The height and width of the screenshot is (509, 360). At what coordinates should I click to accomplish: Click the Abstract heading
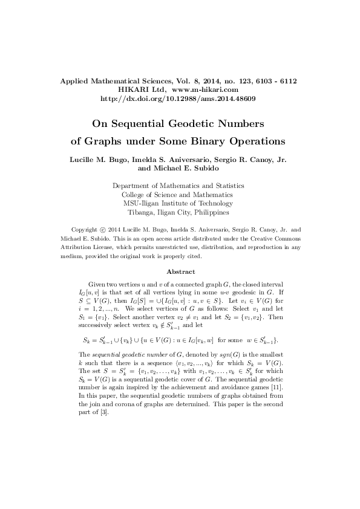coord(180,272)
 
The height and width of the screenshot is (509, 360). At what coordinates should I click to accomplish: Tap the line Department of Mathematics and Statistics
coord(179,186)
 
